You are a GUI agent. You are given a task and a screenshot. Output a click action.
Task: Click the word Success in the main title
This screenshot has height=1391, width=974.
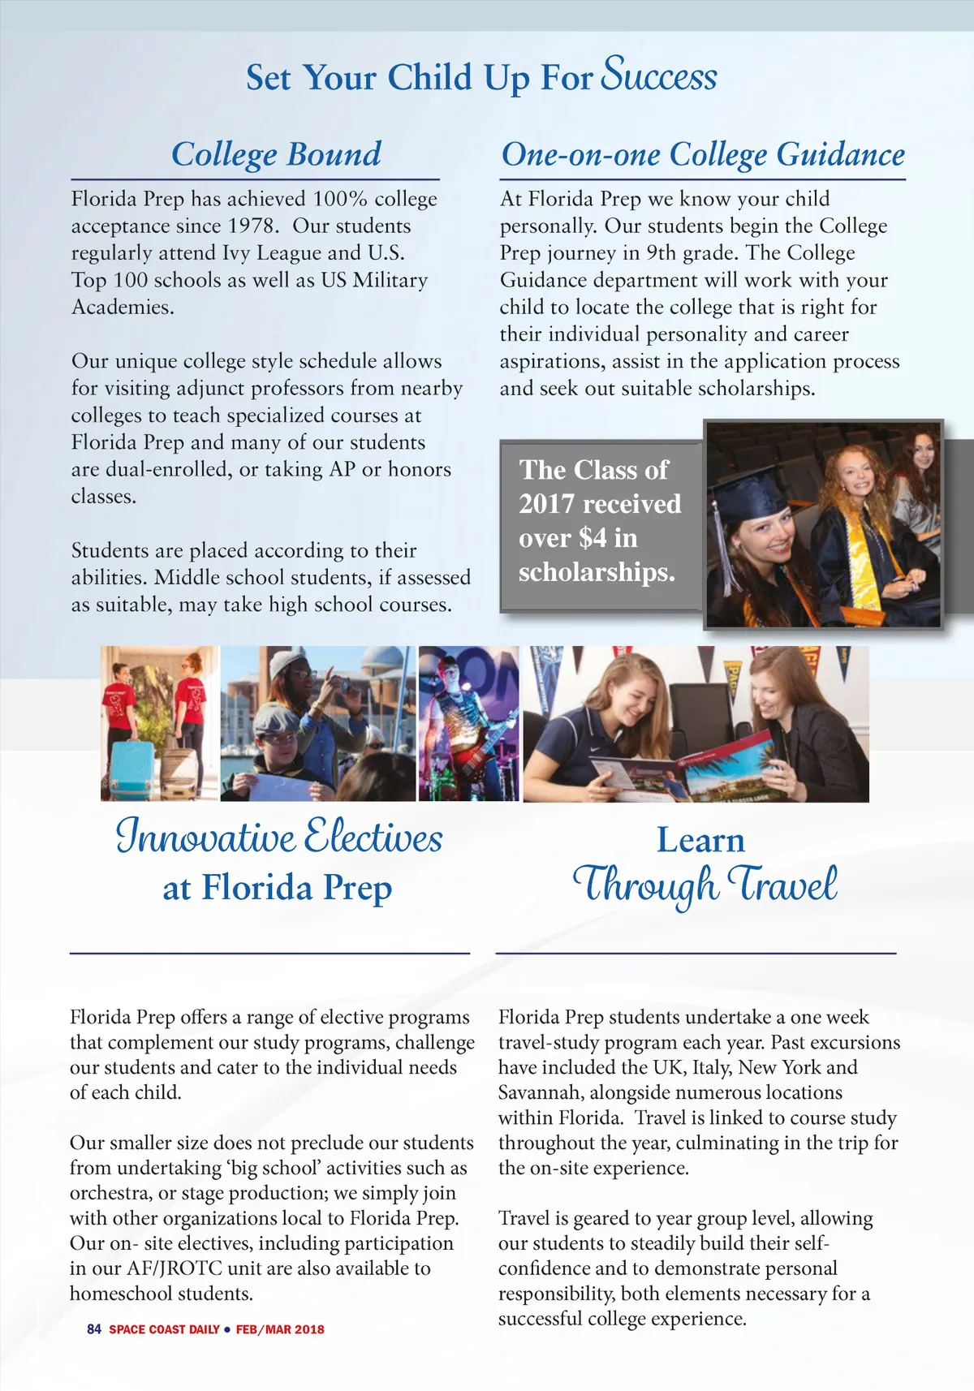click(x=659, y=75)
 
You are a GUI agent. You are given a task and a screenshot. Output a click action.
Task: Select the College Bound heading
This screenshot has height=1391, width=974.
click(x=276, y=154)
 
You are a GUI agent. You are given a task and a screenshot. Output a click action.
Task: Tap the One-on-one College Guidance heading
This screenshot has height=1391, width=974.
click(x=703, y=154)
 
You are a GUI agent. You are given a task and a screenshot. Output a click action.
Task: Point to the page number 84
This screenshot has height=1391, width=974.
click(x=94, y=1329)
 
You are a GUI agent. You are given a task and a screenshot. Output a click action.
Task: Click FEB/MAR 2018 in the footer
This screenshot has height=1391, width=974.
click(x=280, y=1329)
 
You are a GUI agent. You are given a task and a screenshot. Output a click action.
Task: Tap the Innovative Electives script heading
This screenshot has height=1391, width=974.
click(x=279, y=836)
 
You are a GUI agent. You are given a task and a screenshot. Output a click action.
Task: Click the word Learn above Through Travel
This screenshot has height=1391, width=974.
click(x=700, y=840)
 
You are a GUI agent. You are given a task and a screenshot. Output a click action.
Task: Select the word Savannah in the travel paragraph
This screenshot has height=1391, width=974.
click(x=541, y=1092)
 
